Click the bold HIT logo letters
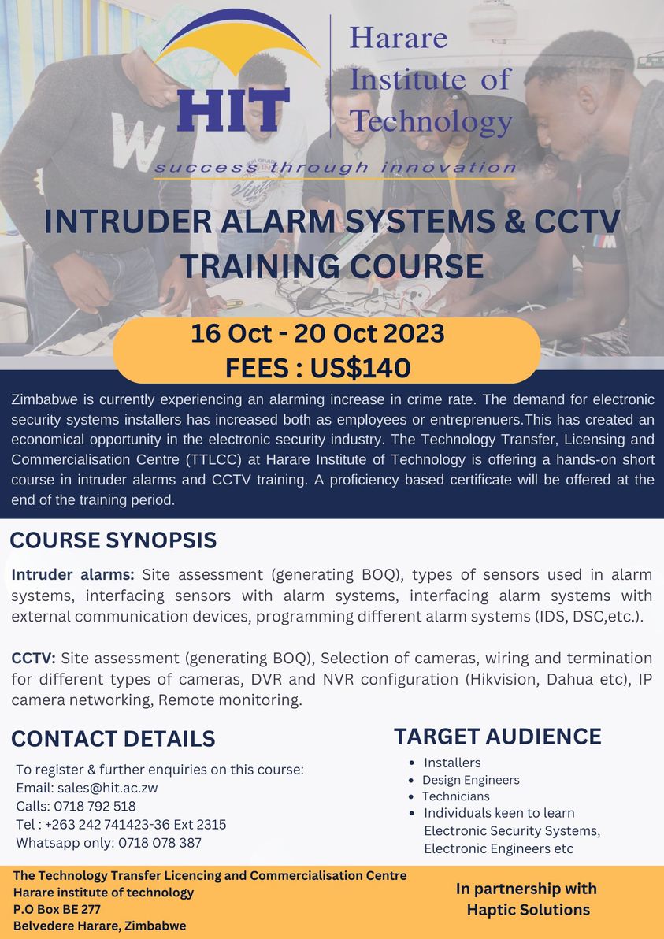pos(233,110)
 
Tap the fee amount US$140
pos(360,368)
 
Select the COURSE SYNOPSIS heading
pos(113,540)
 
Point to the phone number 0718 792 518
pos(95,806)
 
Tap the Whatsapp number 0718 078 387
pos(160,843)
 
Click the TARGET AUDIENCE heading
pos(498,737)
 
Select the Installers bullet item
pos(452,763)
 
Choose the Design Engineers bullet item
pos(470,780)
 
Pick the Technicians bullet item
pos(455,796)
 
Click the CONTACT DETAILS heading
pos(113,738)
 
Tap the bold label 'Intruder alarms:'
pos(73,575)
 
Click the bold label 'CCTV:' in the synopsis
pos(34,658)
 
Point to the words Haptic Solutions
pos(528,910)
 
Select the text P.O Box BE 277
pos(57,909)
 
